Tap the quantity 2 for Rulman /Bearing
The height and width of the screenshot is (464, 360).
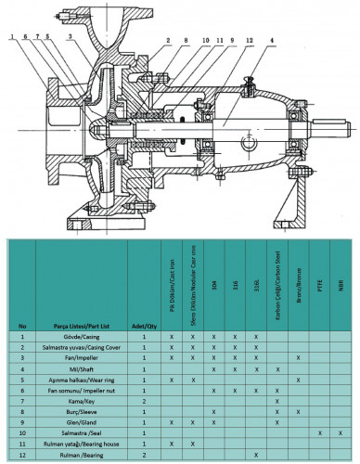click(145, 456)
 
